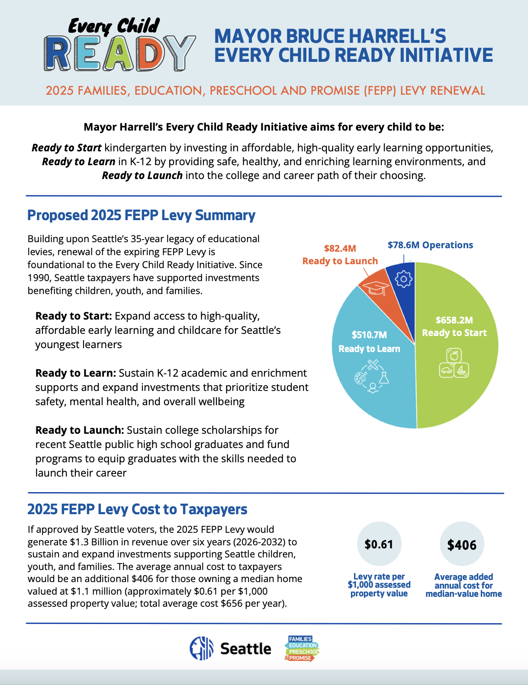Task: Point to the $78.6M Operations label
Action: pyautogui.click(x=430, y=245)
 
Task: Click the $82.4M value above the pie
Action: pyautogui.click(x=340, y=248)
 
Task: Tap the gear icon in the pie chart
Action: pyautogui.click(x=404, y=279)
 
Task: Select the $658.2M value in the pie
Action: pyautogui.click(x=454, y=320)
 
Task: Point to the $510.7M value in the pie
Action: pyautogui.click(x=369, y=335)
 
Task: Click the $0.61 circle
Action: pyautogui.click(x=379, y=544)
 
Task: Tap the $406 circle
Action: pyautogui.click(x=462, y=544)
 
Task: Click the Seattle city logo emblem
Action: pyautogui.click(x=202, y=648)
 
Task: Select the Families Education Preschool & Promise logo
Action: pyautogui.click(x=302, y=648)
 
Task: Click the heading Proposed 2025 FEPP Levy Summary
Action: pyautogui.click(x=141, y=215)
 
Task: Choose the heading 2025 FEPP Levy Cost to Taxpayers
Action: pyautogui.click(x=137, y=509)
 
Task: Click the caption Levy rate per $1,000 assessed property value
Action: pyautogui.click(x=379, y=585)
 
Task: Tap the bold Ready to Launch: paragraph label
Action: pyautogui.click(x=80, y=430)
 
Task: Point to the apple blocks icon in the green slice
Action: pyautogui.click(x=454, y=363)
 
